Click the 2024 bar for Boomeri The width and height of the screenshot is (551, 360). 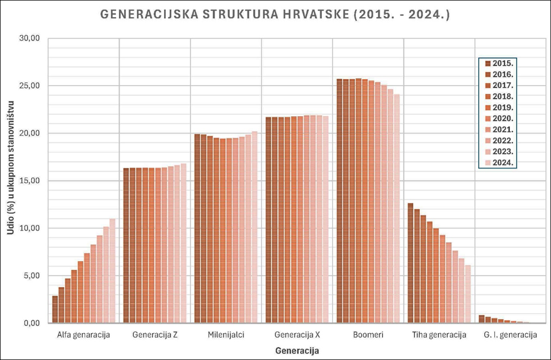click(x=397, y=209)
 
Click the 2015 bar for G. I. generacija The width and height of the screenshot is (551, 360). click(x=482, y=319)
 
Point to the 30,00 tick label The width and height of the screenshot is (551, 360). click(x=29, y=38)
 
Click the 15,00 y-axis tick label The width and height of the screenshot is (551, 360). click(x=29, y=181)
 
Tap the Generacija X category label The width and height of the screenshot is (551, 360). click(x=297, y=335)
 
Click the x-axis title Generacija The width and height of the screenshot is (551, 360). click(x=298, y=351)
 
